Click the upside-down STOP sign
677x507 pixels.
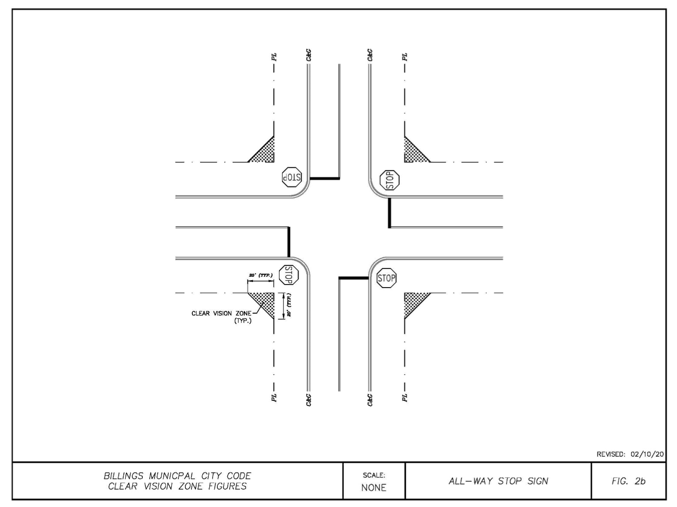(292, 177)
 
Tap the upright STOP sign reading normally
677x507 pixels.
(387, 278)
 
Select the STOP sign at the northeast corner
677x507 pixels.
(390, 180)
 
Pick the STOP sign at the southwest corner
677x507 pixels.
(289, 275)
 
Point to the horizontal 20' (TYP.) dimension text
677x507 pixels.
(261, 275)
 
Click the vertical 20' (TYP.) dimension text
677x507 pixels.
(289, 305)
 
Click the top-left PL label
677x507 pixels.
(274, 57)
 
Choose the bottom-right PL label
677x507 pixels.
(404, 398)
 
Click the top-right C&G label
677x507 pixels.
(370, 55)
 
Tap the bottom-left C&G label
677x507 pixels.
(309, 400)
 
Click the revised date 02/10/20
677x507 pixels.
(647, 454)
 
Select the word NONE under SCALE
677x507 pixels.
(374, 487)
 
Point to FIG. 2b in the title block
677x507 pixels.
(628, 481)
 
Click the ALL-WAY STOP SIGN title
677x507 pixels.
(499, 481)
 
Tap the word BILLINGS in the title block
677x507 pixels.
(123, 476)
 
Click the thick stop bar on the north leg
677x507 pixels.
(325, 178)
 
